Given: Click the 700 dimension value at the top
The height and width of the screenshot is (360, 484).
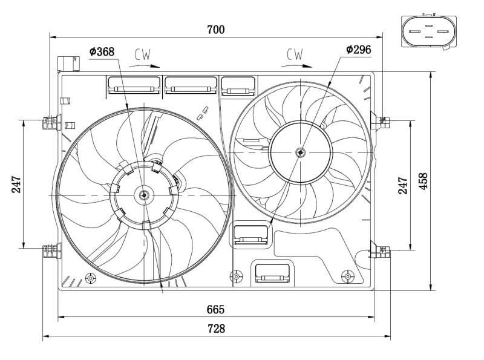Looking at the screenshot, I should tap(216, 29).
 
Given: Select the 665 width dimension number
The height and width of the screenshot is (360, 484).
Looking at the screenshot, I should tap(216, 309).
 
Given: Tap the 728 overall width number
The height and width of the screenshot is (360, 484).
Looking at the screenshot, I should tap(216, 329).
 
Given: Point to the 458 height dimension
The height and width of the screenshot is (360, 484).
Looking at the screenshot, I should tap(423, 180).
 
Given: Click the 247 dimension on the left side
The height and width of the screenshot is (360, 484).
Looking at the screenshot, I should tap(16, 184).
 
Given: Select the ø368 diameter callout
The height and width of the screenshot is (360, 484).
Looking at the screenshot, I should tap(102, 52).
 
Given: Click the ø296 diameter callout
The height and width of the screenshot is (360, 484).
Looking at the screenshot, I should tap(358, 49).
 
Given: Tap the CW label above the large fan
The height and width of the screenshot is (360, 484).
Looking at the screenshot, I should tap(143, 55).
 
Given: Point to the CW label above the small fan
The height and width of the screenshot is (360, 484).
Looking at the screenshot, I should tap(295, 55).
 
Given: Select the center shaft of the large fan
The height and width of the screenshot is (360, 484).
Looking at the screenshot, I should tap(144, 195).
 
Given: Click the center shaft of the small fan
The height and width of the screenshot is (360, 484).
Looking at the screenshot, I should tap(301, 152).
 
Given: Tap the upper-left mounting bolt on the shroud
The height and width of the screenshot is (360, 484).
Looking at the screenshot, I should tap(49, 122).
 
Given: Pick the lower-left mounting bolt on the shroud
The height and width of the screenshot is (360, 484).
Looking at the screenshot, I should tap(49, 250).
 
